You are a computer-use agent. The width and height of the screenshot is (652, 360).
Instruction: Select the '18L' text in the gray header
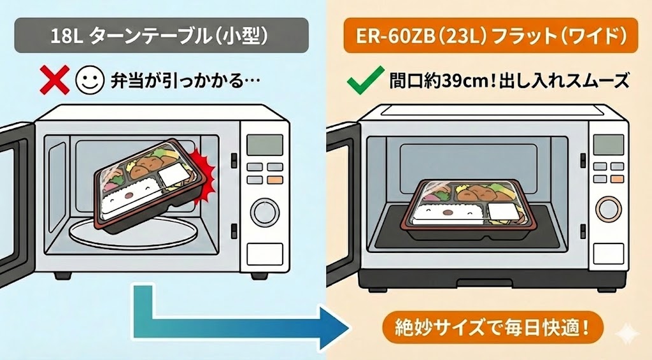(x=66, y=36)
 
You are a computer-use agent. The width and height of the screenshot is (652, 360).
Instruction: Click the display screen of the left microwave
(x=263, y=145)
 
